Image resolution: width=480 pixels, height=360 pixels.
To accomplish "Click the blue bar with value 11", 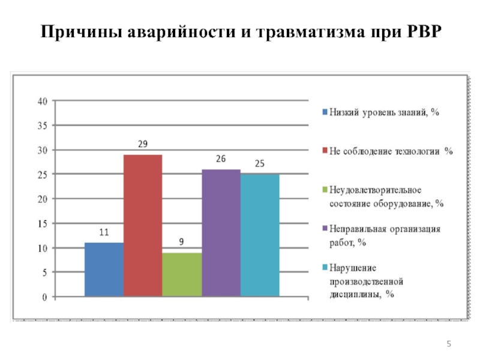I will (x=104, y=269).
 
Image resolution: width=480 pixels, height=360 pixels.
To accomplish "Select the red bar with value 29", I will (x=143, y=226).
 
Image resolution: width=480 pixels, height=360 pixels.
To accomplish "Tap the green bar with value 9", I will (x=182, y=274).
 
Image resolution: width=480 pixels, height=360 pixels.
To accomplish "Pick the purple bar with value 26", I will (x=221, y=233).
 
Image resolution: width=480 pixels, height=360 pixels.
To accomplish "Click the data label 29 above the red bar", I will (x=143, y=144).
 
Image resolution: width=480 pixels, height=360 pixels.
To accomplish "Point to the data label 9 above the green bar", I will (x=182, y=242).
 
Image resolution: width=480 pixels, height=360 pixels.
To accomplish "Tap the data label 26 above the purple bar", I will (x=221, y=159).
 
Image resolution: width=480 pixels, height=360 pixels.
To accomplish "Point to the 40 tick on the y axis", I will (x=42, y=101).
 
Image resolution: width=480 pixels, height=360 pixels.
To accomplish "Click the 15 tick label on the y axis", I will (x=42, y=223).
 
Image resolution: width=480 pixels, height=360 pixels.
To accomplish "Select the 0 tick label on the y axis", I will (x=44, y=296).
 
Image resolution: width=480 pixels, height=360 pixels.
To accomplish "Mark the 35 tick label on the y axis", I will (x=42, y=125).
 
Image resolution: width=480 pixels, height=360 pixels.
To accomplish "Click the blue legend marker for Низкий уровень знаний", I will (x=324, y=112).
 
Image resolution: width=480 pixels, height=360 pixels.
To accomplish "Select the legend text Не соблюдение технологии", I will (x=391, y=151).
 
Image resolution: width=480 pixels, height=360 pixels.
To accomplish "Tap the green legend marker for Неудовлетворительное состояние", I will (x=324, y=190).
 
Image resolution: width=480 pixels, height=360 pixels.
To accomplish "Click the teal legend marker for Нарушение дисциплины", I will (x=324, y=268).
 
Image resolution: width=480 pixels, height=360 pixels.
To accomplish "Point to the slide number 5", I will (x=448, y=343).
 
